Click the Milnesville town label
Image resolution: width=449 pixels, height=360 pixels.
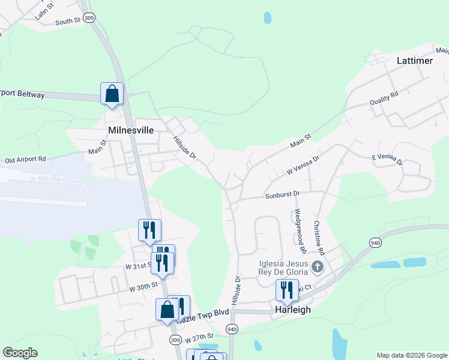pos(131,130)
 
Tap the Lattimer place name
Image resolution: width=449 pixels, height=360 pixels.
pos(415,61)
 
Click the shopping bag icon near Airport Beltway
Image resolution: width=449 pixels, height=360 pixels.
pos(112,94)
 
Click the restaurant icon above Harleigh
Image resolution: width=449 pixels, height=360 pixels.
pos(286,290)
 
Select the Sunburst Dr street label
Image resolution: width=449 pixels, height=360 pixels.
pos(282,194)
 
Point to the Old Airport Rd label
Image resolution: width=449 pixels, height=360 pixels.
pos(25,160)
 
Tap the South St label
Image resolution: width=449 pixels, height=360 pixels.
pos(67,21)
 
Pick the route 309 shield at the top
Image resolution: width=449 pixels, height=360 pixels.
pos(89,18)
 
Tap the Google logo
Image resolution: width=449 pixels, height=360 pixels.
pos(20,353)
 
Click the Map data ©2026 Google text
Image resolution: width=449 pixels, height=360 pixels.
pos(411,355)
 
